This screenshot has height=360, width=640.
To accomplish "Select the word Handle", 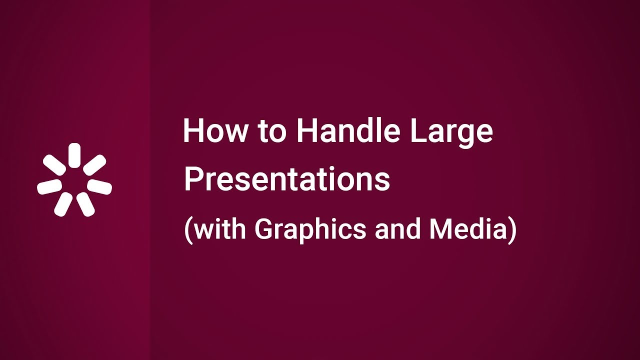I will coord(348,131).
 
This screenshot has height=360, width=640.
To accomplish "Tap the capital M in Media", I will coord(440,229).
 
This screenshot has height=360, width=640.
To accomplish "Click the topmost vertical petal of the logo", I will coord(74,154).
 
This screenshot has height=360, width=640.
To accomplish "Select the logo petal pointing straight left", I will coord(49,187).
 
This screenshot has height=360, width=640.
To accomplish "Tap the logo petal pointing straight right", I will coord(99,186).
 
